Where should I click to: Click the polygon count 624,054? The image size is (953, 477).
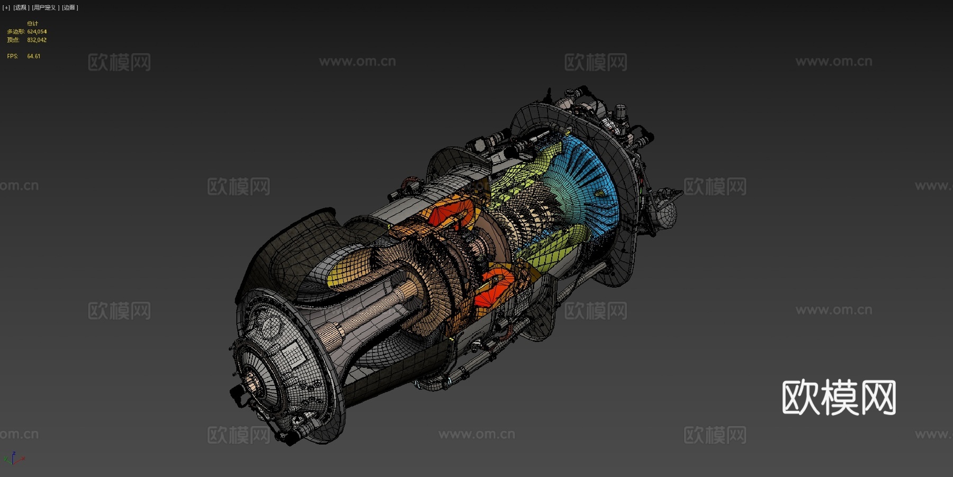(37, 32)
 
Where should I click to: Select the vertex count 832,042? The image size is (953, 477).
(37, 40)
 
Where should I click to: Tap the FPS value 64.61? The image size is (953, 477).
(33, 56)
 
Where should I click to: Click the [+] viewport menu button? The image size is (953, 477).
(6, 7)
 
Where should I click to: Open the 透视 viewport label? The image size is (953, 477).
(21, 7)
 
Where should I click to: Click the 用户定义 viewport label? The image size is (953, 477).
(44, 7)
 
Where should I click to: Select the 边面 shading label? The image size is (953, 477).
(69, 7)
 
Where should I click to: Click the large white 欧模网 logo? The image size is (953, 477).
(839, 397)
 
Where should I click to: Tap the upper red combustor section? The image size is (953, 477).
(450, 212)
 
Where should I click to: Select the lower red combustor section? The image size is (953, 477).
(495, 289)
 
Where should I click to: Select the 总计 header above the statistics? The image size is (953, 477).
(32, 23)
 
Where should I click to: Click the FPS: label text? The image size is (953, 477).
(12, 56)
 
